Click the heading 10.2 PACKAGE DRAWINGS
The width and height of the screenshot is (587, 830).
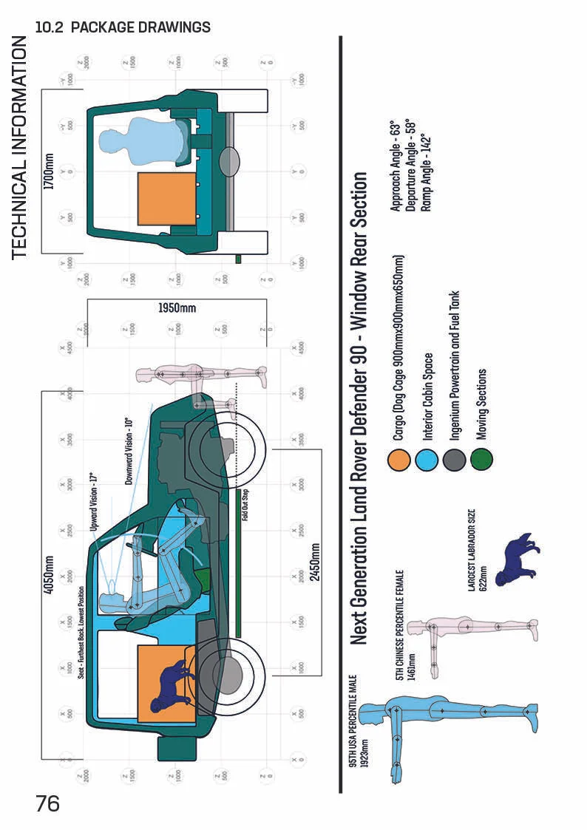click(x=123, y=27)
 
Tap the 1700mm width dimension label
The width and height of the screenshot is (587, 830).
click(x=50, y=171)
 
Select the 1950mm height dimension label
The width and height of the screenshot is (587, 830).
click(x=177, y=307)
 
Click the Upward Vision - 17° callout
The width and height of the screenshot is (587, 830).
click(x=93, y=503)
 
